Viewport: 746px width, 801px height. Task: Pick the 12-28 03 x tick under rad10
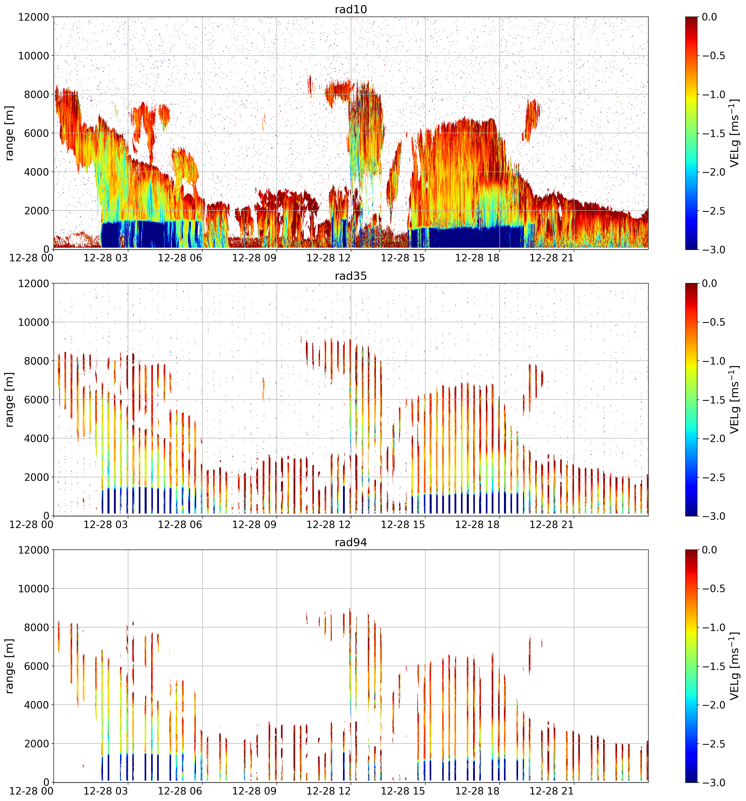coord(105,258)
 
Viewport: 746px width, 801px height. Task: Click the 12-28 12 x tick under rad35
coord(328,525)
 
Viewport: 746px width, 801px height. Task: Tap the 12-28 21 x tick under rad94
coord(551,791)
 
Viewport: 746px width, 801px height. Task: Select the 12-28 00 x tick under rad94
coord(31,791)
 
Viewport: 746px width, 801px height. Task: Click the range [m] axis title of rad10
coord(9,133)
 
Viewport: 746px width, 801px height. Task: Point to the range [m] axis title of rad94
coord(9,666)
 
